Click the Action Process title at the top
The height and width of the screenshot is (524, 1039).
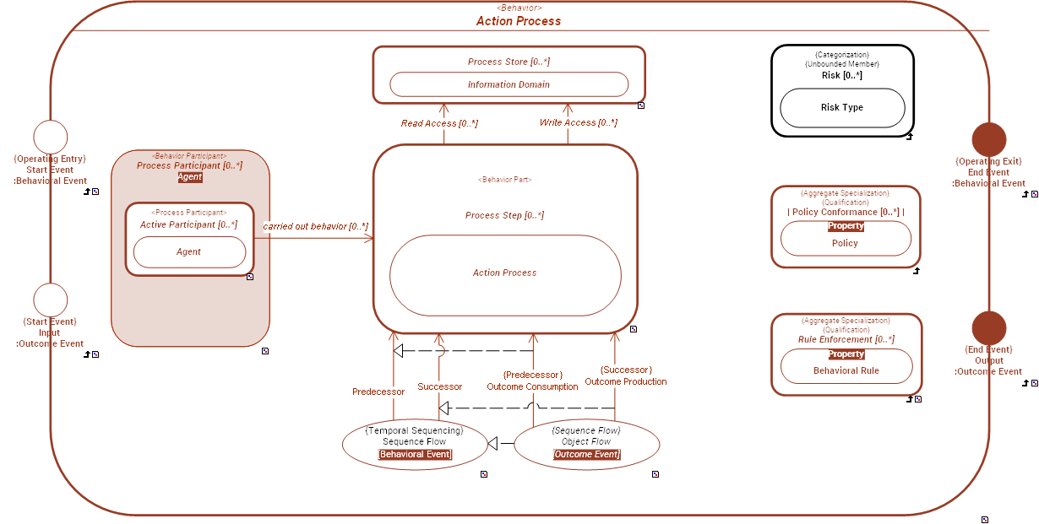point(518,21)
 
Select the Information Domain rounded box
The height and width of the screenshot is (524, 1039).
point(509,84)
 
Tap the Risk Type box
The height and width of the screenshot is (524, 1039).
point(842,108)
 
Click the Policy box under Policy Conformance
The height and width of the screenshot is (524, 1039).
point(845,243)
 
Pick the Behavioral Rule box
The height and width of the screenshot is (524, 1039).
point(846,370)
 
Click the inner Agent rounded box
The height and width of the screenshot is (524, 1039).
point(189,252)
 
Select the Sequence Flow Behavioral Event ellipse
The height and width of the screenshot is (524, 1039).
point(415,443)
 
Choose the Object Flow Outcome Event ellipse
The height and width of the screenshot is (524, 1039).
point(586,444)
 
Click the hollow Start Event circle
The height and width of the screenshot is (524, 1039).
point(50,138)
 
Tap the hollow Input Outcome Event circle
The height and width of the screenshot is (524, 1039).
point(50,300)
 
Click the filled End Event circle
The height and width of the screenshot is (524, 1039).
point(989,139)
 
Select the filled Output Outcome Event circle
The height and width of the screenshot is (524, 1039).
point(989,328)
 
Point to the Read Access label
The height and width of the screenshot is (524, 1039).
point(439,124)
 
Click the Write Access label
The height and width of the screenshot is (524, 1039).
point(578,123)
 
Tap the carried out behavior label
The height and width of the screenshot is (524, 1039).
point(315,227)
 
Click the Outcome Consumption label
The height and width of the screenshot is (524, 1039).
point(532,386)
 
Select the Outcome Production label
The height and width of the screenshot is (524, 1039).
point(625,381)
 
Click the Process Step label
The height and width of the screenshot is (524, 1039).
point(504,216)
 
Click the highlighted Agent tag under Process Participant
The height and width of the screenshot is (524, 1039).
point(189,177)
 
